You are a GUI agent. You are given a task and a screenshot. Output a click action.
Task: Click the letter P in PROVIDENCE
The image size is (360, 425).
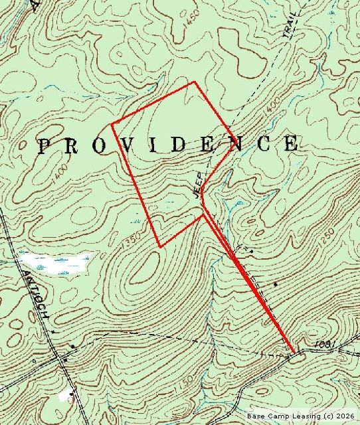point(44,146)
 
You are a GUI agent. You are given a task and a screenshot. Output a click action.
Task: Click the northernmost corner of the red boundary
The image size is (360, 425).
point(194,82)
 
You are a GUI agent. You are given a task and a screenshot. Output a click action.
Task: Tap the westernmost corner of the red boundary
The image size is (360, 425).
point(112,124)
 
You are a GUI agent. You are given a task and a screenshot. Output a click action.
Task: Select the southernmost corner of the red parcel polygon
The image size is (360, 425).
point(160,246)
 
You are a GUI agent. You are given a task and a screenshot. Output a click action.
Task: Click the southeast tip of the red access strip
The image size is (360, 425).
point(294,351)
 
